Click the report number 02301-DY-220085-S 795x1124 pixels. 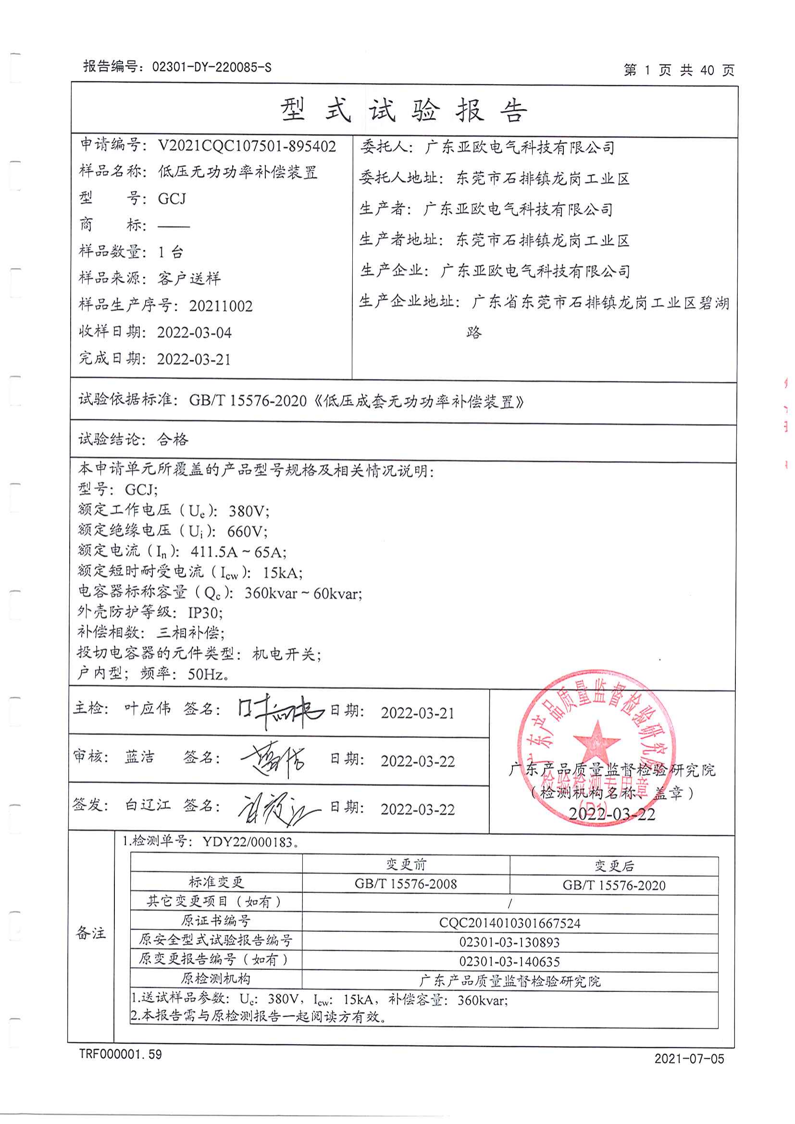(211, 67)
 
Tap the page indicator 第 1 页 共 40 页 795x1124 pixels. (679, 71)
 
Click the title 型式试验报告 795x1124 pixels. (404, 110)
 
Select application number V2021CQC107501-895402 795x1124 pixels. (247, 146)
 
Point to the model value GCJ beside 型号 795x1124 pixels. (172, 199)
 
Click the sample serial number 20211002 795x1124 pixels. (221, 306)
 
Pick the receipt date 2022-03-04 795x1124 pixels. (194, 333)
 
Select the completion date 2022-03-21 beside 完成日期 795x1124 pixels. (194, 359)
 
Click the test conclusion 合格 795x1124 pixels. (173, 439)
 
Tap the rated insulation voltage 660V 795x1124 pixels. (247, 531)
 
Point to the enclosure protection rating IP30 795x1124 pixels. (205, 613)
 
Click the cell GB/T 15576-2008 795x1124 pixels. (406, 884)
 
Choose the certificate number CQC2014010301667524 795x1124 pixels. (509, 923)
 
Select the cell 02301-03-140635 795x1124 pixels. (509, 962)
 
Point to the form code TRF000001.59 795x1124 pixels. (121, 1054)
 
